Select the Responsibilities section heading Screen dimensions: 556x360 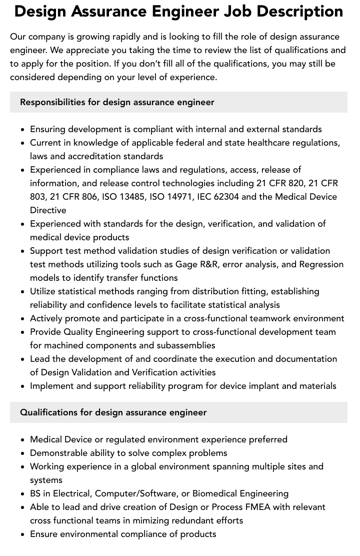[x=117, y=102]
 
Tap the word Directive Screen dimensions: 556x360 [x=48, y=210]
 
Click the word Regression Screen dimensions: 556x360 [x=321, y=264]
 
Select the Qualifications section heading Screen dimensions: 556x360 [x=113, y=412]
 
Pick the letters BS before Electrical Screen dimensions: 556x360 [x=36, y=493]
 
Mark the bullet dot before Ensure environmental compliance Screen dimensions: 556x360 [x=23, y=534]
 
